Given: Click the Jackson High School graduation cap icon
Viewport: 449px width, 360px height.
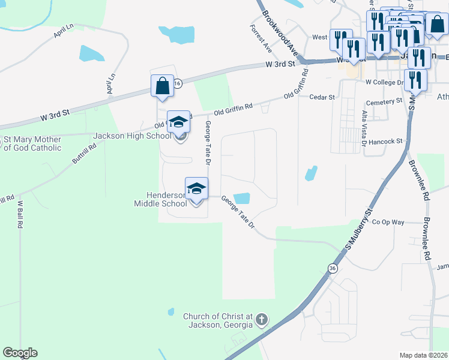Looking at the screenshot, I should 178,123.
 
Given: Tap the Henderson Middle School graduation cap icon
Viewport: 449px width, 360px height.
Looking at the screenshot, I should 196,189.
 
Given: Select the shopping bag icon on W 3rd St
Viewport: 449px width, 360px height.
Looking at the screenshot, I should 162,86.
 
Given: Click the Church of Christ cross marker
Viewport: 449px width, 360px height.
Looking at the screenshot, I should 261,320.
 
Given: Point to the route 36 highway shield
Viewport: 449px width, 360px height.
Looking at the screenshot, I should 333,268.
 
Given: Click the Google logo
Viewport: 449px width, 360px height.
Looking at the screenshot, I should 20,353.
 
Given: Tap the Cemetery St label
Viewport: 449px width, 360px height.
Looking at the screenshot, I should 384,102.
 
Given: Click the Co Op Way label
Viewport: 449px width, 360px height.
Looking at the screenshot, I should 388,221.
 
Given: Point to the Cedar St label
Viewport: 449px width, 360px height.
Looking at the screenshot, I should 321,96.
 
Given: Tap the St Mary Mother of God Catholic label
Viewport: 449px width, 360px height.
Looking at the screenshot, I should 32,143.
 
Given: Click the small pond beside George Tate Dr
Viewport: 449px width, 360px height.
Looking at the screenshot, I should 241,198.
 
